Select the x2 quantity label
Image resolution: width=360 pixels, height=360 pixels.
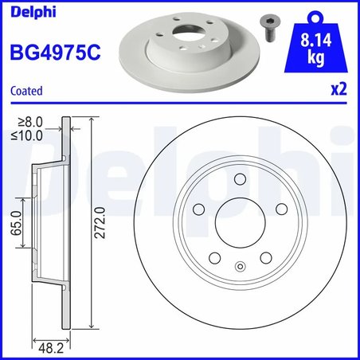tap(342, 91)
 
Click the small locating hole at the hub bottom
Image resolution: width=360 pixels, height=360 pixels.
tap(238, 267)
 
